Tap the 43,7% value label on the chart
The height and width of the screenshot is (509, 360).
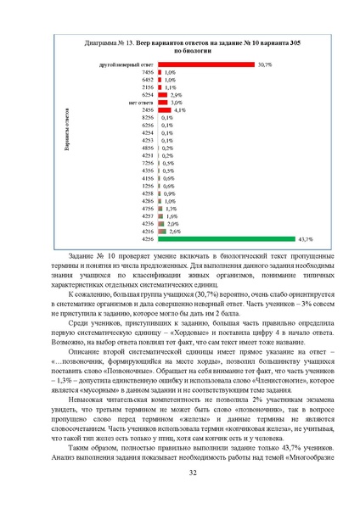coord(307,238)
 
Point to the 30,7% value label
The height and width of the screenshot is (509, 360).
coord(265,64)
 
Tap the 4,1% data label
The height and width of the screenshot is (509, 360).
coord(180,110)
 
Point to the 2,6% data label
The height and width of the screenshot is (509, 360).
coord(175,230)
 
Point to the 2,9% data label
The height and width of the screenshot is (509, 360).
coord(177,93)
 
